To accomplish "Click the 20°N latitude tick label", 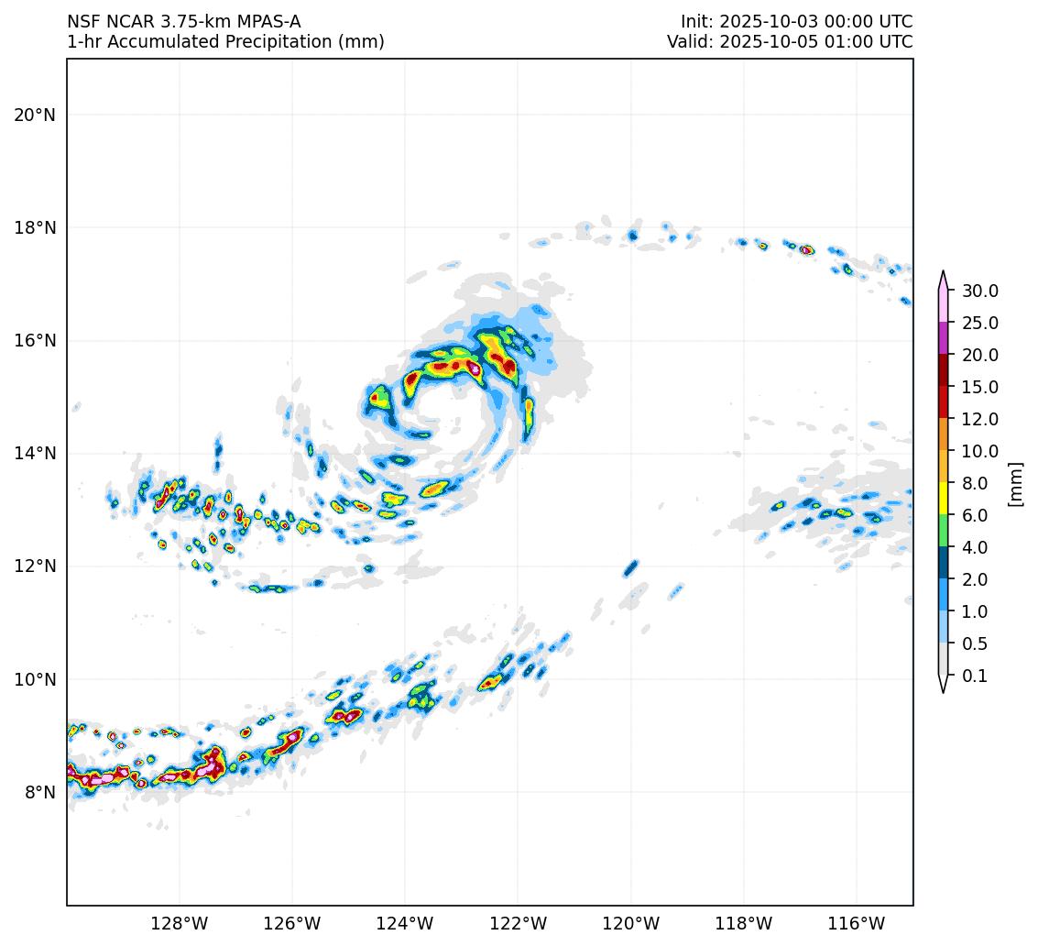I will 35,115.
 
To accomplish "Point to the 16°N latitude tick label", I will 35,340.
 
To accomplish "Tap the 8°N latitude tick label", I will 39,792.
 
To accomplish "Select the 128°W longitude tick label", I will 179,923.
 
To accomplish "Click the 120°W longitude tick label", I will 630,923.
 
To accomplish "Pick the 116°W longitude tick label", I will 856,923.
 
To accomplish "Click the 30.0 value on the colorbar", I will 979,291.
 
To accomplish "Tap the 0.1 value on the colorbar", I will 975,676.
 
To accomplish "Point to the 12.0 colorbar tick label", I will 979,419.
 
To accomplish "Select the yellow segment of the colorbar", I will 943,499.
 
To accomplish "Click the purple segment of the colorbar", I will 943,338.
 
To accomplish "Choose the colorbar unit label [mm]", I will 1014,483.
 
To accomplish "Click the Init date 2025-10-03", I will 764,21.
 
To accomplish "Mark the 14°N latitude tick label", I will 35,453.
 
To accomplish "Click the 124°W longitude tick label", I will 405,923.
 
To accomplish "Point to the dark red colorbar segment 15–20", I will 943,370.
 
